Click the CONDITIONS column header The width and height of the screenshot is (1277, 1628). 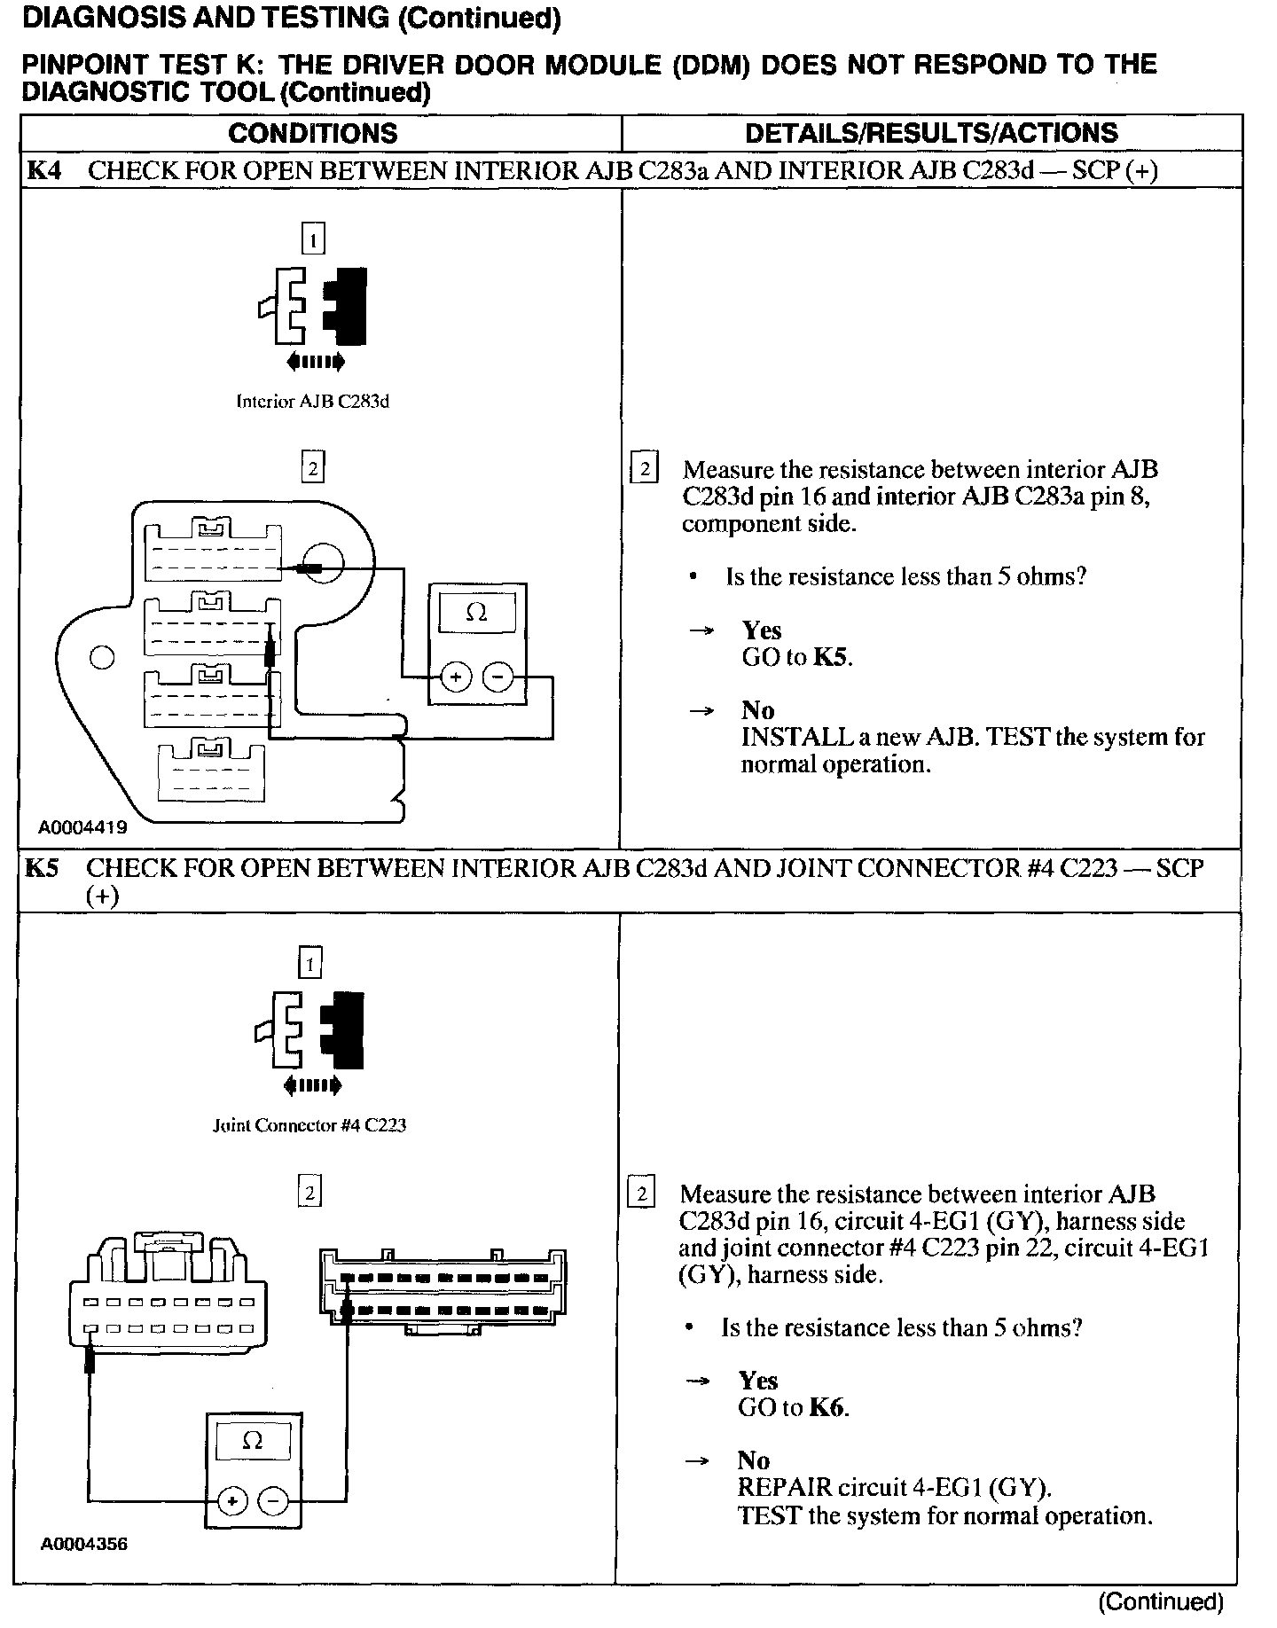312,133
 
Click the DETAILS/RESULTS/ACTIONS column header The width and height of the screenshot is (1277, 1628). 931,133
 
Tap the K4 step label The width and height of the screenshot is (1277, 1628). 44,170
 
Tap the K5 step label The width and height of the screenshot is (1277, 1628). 42,868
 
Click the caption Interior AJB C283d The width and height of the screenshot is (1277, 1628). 312,402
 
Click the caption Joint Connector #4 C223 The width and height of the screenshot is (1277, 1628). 309,1125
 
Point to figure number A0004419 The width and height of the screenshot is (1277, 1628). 82,828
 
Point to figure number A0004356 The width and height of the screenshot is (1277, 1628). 83,1544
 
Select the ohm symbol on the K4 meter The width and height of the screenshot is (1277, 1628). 476,613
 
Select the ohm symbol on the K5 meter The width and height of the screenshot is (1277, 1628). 252,1442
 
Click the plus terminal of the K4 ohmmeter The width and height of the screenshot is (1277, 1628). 456,678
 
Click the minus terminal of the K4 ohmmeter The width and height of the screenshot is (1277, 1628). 497,678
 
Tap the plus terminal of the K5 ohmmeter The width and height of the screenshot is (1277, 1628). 231,1502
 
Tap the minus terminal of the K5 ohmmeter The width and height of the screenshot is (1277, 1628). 273,1502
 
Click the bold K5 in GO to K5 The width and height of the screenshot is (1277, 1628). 832,658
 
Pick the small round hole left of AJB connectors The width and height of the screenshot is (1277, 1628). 102,657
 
